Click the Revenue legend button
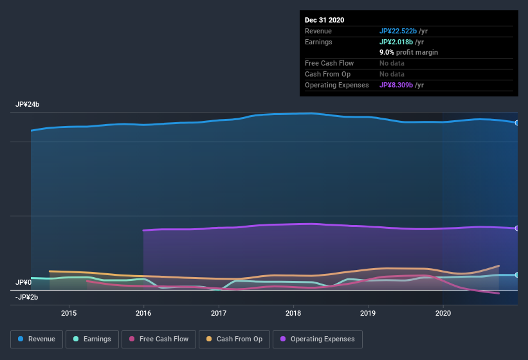[37, 339]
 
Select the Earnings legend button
[91, 339]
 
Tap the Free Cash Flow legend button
[159, 339]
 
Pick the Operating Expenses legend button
[317, 339]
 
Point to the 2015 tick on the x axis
[69, 313]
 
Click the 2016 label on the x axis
[143, 313]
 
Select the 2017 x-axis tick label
[219, 313]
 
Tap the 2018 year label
[293, 313]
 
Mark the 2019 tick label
[368, 313]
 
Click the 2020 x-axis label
[443, 313]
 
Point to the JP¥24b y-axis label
[28, 104]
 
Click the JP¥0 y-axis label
[24, 282]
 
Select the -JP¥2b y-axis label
[28, 297]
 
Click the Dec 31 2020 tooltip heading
[324, 20]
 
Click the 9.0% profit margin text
[408, 52]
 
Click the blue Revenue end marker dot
[516, 123]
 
